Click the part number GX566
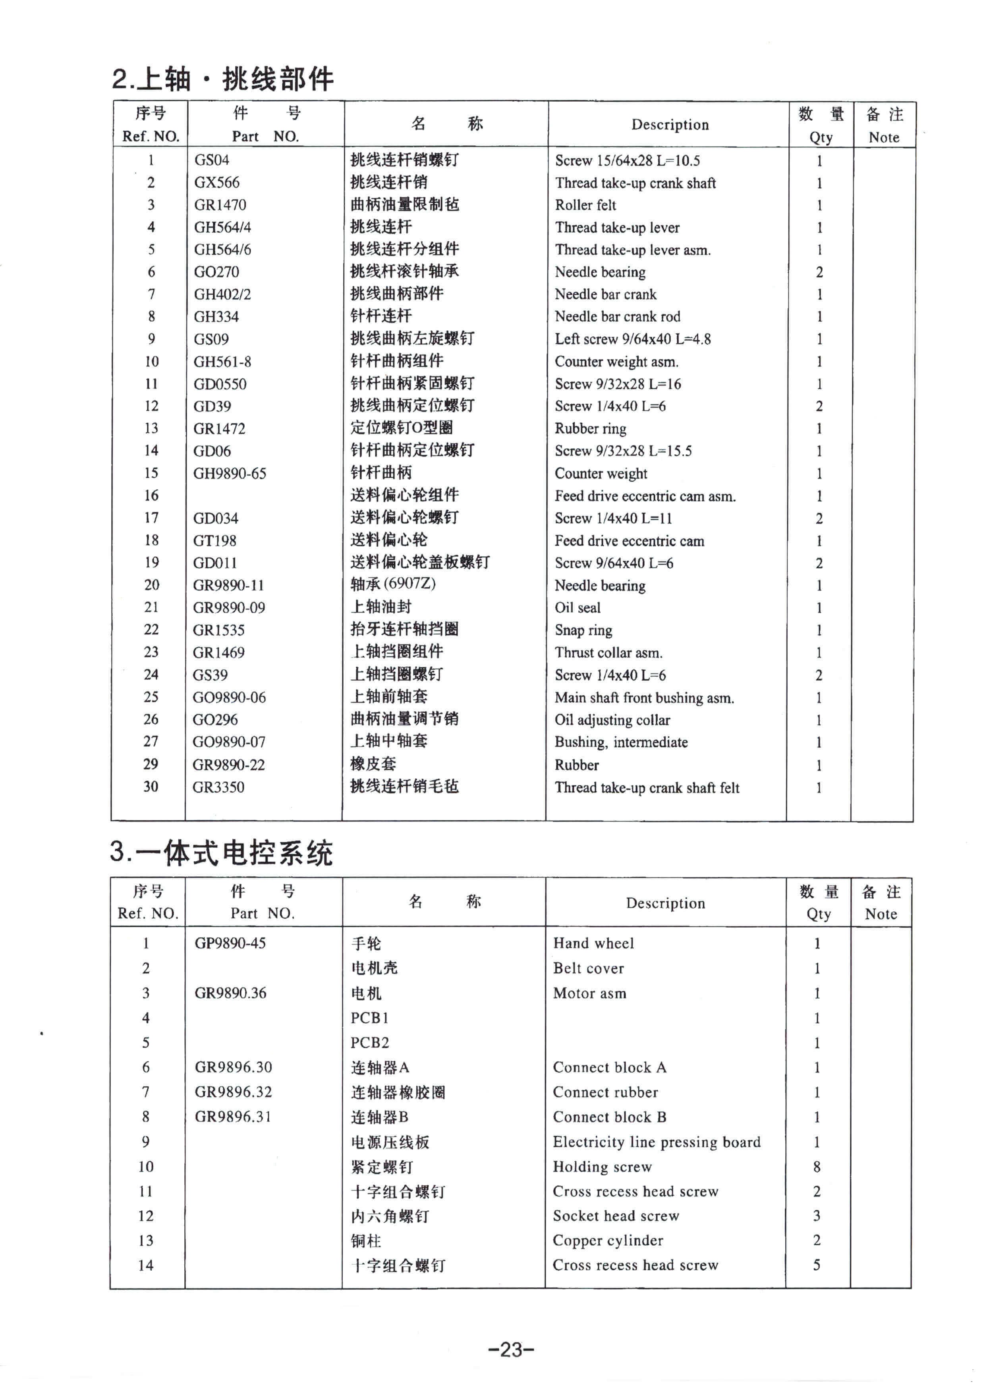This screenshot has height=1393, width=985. (217, 183)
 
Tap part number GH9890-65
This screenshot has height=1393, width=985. (230, 473)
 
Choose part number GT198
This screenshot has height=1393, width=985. (215, 540)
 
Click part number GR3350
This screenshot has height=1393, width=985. (218, 787)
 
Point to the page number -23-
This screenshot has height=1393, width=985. (511, 1349)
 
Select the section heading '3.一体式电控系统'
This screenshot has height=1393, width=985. (222, 853)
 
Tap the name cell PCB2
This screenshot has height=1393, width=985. (370, 1043)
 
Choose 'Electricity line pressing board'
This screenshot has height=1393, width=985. (656, 1142)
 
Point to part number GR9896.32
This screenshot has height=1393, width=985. (233, 1092)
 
